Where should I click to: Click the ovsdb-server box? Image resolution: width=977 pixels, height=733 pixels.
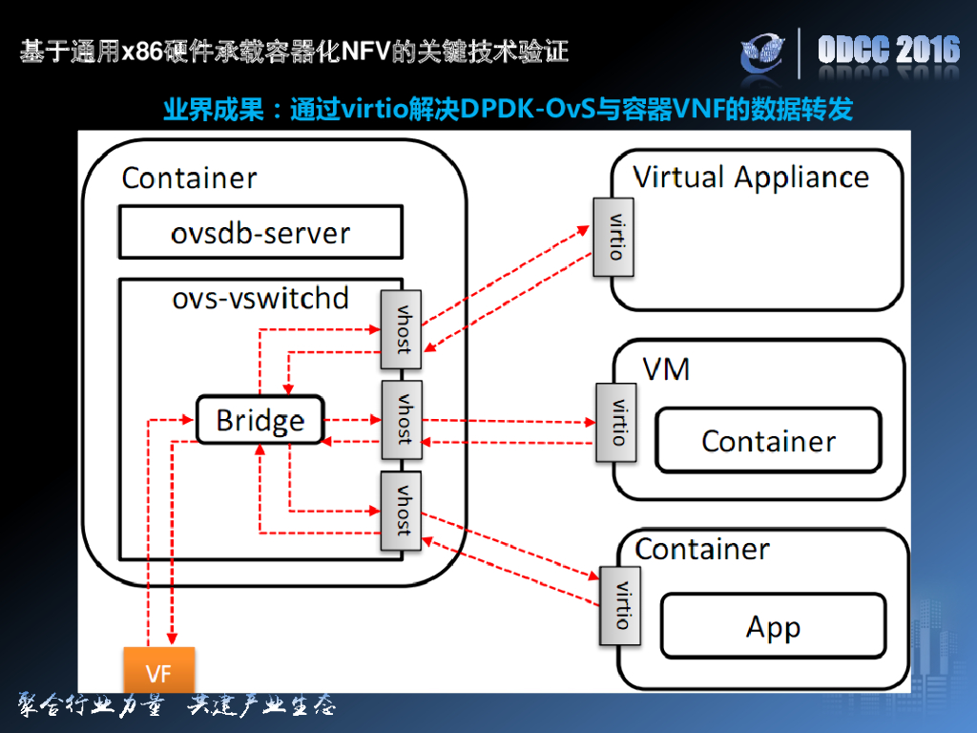click(x=260, y=233)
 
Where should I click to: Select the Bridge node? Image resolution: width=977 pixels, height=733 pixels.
click(x=260, y=420)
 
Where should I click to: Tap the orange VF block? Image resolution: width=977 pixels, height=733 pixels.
click(x=158, y=672)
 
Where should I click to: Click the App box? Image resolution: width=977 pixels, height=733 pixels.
click(x=773, y=627)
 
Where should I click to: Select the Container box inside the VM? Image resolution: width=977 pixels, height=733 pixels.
click(x=768, y=440)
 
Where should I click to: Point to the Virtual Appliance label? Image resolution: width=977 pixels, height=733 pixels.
click(x=751, y=178)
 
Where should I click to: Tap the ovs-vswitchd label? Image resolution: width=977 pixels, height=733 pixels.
click(x=260, y=298)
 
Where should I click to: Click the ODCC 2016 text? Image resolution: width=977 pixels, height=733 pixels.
click(x=888, y=51)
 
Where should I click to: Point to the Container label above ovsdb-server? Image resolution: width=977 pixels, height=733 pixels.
click(x=189, y=178)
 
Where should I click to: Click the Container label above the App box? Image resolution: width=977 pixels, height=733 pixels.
click(x=702, y=549)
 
